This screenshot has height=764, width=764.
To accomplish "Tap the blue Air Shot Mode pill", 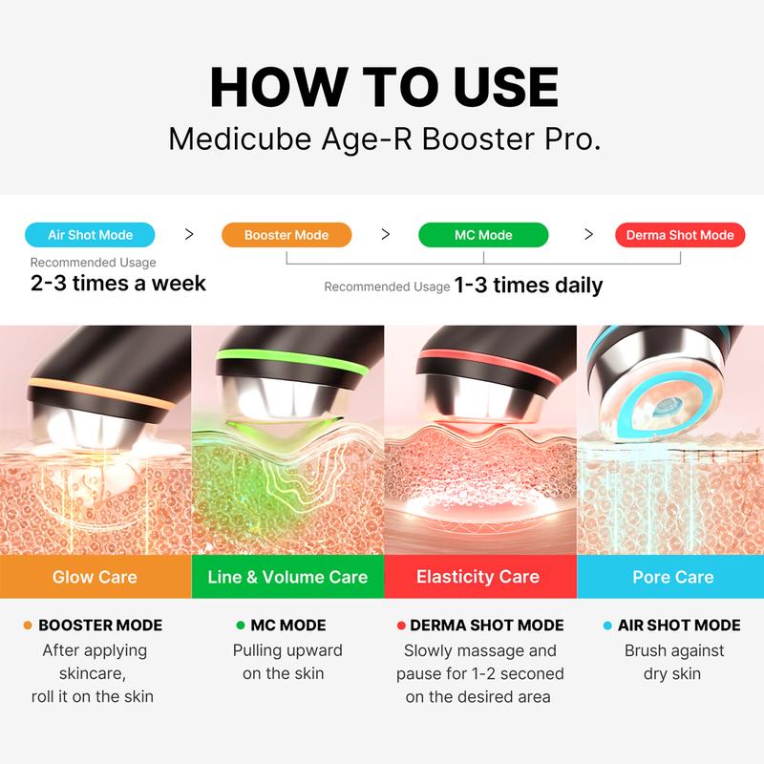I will click(x=90, y=234).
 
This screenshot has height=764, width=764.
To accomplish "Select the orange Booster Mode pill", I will click(x=286, y=235).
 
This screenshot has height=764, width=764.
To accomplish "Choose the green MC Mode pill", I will click(x=483, y=235).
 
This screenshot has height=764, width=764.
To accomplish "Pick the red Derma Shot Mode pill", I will click(x=680, y=235).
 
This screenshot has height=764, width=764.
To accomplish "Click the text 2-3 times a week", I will click(x=117, y=284).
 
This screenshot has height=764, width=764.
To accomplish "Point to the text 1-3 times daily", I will click(x=528, y=286).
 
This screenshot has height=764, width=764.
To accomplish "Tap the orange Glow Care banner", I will click(x=95, y=577).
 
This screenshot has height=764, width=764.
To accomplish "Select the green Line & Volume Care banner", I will click(x=287, y=577).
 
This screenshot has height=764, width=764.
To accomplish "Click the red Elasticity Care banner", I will click(x=478, y=577).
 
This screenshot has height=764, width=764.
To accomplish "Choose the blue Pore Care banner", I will click(x=672, y=577).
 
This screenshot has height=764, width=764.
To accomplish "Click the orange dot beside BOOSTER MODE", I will click(x=29, y=626).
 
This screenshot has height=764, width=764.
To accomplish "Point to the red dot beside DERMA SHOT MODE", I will click(x=399, y=626).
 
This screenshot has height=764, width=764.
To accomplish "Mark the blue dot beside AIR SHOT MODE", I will click(x=607, y=626).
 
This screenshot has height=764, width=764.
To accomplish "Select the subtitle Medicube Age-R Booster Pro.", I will click(x=384, y=138).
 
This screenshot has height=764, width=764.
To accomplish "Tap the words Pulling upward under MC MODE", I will click(x=287, y=650).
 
